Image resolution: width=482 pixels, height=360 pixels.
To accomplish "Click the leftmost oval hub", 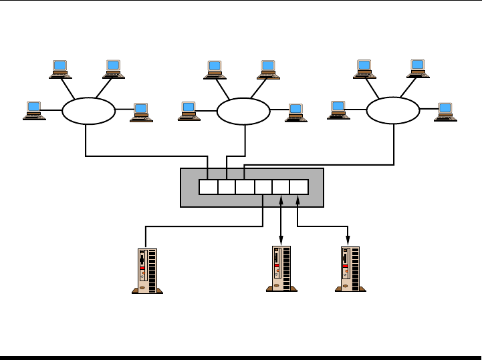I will [x=88, y=111].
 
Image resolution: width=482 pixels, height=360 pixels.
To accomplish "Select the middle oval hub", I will [x=243, y=112].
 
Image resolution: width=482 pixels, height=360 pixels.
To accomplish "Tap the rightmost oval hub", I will [x=393, y=111].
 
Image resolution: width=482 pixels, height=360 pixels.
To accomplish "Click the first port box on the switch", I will [x=208, y=187].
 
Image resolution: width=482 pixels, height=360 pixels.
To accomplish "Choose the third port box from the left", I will [x=245, y=187].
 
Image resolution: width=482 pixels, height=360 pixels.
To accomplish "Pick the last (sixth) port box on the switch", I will [x=299, y=187].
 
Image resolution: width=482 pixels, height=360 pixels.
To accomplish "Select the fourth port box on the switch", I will [x=263, y=187].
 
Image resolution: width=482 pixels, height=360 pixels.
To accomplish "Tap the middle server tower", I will [x=281, y=268].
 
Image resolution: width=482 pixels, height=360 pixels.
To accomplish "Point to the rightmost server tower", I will [x=350, y=268].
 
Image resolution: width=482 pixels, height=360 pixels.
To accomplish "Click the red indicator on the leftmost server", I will [x=142, y=268].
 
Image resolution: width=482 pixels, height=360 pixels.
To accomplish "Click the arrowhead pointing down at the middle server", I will [x=281, y=241].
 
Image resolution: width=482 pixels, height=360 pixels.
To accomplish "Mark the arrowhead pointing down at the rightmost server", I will [x=348, y=241].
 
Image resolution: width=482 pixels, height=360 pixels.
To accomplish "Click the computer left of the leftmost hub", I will [x=33, y=110].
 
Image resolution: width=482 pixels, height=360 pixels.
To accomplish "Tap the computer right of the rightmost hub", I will [x=445, y=112].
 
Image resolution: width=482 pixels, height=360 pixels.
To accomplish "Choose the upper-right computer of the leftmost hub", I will [x=114, y=69].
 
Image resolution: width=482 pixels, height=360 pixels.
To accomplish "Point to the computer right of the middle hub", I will [x=295, y=112].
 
